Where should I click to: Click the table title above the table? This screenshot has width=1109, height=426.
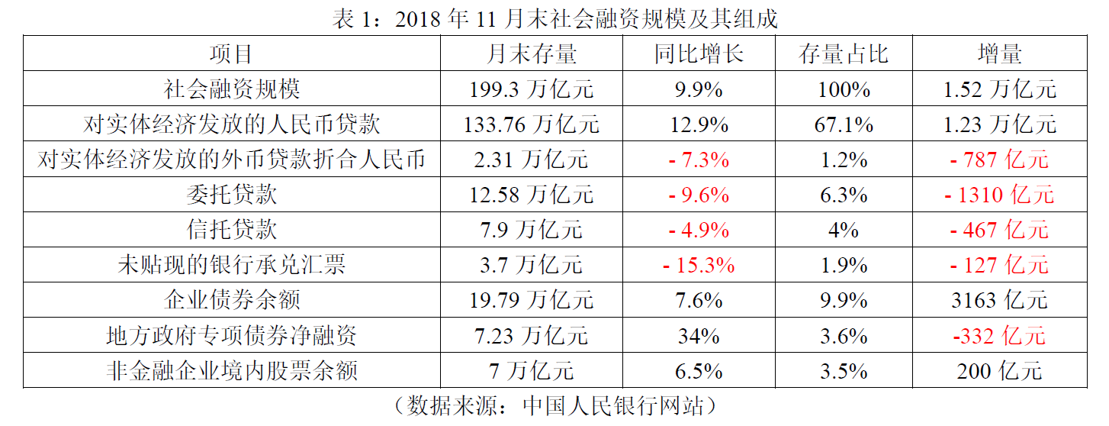coord(554,18)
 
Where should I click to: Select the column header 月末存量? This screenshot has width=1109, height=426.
coord(532,54)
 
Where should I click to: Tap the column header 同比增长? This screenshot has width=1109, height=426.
coord(699,54)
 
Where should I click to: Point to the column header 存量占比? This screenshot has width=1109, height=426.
coord(844,54)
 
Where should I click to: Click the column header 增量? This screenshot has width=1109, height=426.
coord(999,54)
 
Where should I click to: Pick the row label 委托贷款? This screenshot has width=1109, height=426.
coord(232,195)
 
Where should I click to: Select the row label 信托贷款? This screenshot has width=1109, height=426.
coord(232,230)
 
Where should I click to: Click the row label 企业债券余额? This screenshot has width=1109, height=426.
coord(232,300)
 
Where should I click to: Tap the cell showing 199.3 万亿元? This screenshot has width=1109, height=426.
coord(532,89)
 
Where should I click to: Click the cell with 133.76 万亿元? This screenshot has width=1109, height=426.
coord(532,124)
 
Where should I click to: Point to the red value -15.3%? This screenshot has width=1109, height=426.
coord(699,265)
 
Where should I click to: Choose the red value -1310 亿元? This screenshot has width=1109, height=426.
coord(999,195)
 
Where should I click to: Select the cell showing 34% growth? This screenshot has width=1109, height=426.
coord(699,335)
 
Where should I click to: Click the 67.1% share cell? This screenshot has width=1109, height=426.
coord(844,124)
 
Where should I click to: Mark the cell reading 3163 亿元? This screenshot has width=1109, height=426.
coord(999,300)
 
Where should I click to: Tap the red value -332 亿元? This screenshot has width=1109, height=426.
coord(999,335)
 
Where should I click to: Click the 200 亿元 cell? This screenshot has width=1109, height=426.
coord(999,371)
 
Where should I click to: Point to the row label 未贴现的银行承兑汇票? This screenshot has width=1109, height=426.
coord(232,265)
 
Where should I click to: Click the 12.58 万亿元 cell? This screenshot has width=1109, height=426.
coord(532,195)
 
